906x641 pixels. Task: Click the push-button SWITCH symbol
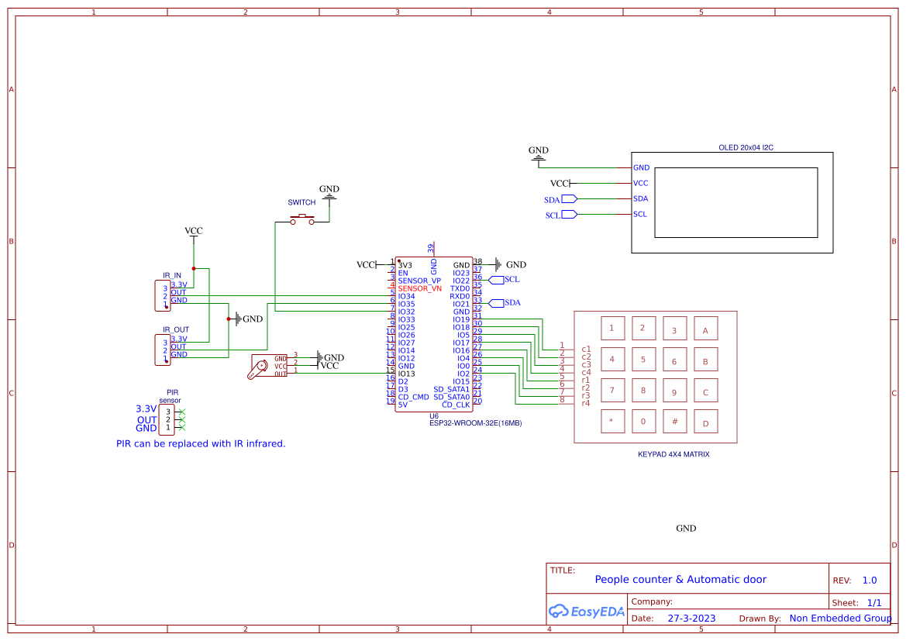pos(302,220)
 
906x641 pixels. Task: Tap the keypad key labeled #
pos(674,422)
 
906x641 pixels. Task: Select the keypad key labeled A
pos(705,329)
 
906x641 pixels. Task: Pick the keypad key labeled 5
pos(642,359)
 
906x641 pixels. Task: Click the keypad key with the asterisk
pos(611,422)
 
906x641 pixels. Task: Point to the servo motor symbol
pos(259,367)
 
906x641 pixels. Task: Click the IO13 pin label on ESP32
pos(406,374)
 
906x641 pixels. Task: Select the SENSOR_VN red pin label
pos(419,288)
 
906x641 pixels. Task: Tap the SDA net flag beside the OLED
pos(570,199)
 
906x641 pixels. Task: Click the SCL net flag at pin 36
pos(497,279)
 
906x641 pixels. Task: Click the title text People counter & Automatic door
pos(680,579)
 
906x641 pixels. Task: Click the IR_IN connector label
pos(172,275)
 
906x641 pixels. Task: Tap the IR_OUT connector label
pos(175,329)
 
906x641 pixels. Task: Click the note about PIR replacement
pos(201,444)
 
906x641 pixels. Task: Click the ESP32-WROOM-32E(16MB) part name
pos(475,423)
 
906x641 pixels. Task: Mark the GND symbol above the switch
pos(329,192)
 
